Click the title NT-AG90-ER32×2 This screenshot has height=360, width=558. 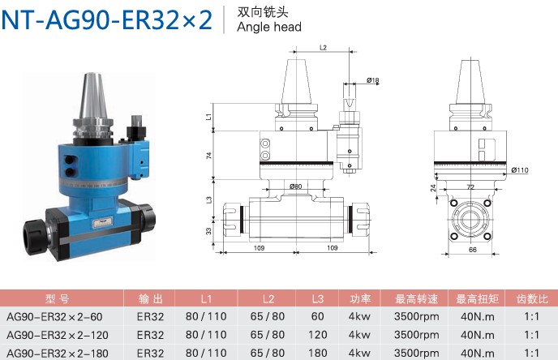[x=107, y=20]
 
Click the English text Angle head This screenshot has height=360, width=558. [x=269, y=27]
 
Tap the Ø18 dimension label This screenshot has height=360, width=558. [x=372, y=80]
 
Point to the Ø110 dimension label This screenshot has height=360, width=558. [x=520, y=170]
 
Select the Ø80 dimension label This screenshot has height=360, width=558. [x=295, y=186]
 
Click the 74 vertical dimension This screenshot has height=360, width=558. [x=209, y=156]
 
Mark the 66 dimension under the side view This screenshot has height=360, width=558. [x=473, y=250]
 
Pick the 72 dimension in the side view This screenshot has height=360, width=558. [x=470, y=187]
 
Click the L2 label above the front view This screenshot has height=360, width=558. [x=323, y=48]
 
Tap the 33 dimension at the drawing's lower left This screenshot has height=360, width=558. [x=209, y=231]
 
